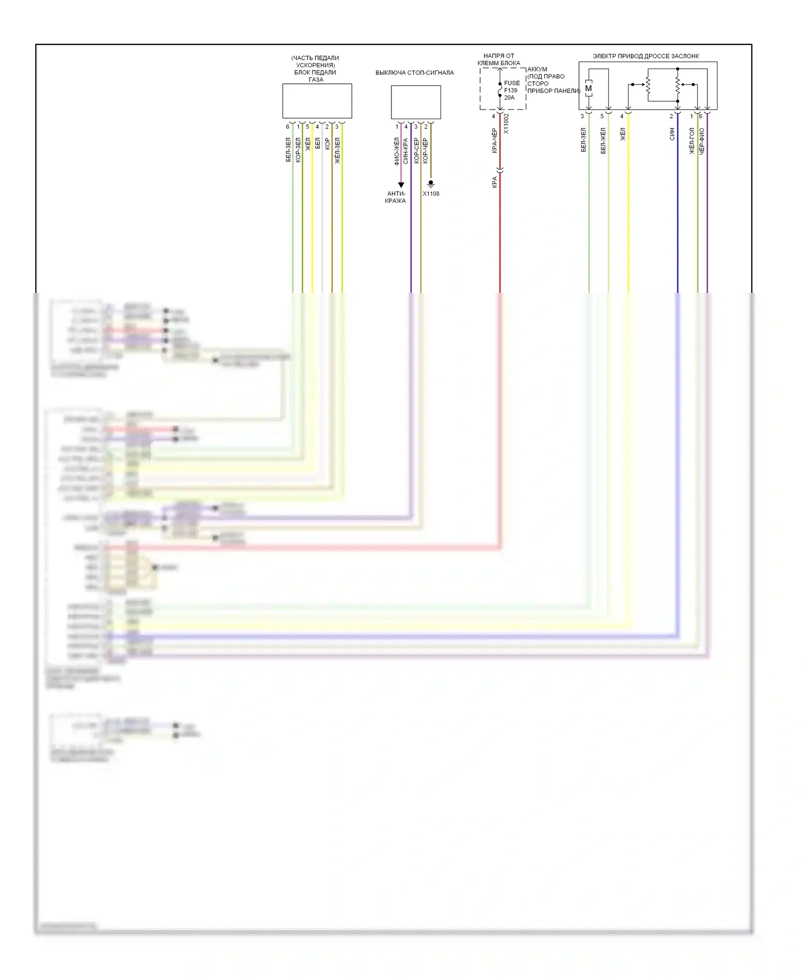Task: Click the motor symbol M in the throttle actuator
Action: coord(589,89)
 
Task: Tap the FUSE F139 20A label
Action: coord(511,90)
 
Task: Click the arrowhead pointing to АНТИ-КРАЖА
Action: coord(401,185)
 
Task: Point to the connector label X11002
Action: coord(506,123)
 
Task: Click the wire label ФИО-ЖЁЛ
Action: coord(397,151)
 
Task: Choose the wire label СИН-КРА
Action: coord(406,151)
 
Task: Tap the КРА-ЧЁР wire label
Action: coord(495,141)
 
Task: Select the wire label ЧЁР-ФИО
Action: coord(701,142)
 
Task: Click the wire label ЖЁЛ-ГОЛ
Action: coord(692,141)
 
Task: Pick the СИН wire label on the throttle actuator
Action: coord(672,134)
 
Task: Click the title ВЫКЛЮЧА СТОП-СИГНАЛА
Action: coord(414,73)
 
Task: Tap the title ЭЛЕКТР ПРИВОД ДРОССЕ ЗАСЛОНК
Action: coord(646,56)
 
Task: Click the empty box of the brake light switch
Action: coord(416,102)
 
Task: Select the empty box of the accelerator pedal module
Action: coord(317,101)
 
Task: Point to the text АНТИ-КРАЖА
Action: coord(396,197)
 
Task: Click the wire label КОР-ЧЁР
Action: coord(426,151)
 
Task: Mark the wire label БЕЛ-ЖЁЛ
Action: coord(603,141)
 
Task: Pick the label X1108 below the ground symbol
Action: coord(431,193)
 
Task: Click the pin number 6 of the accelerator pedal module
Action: coord(288,127)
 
